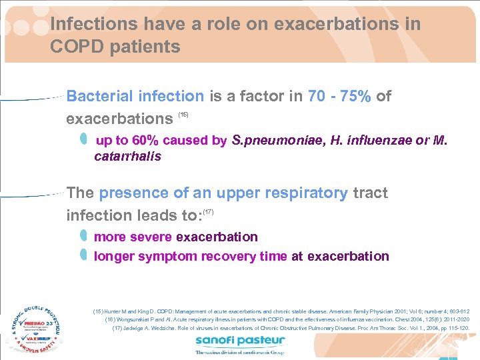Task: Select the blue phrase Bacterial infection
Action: point(136,96)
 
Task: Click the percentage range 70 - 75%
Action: point(339,96)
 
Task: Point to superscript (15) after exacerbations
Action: point(183,115)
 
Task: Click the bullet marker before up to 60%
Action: point(83,139)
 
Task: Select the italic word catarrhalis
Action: point(127,157)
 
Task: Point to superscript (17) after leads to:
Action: point(207,211)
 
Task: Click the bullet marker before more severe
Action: point(83,236)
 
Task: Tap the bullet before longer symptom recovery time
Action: point(83,255)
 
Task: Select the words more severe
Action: point(133,237)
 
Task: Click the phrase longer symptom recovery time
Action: point(190,256)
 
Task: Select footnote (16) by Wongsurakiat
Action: point(287,319)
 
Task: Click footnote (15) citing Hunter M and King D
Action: point(281,311)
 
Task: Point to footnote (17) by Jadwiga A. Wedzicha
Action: point(291,328)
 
